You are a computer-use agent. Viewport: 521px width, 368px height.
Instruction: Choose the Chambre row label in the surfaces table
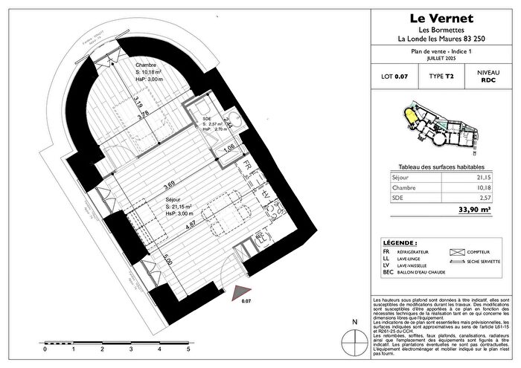coord(403,189)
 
